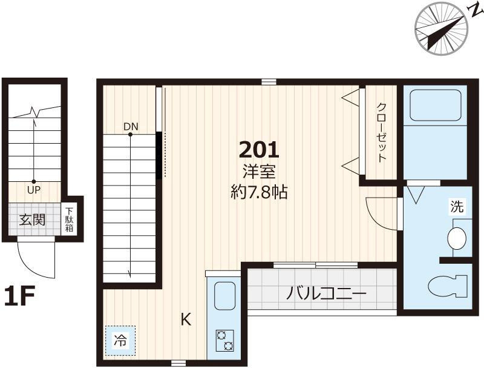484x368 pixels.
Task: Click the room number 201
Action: tap(260, 150)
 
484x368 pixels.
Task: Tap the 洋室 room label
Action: tap(259, 172)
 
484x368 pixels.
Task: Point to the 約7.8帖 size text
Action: tap(260, 193)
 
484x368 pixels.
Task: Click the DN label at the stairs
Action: tap(131, 127)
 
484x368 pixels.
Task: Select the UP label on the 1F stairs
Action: tap(34, 190)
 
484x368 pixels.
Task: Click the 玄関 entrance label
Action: tap(33, 219)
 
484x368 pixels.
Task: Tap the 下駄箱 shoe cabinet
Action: tap(69, 219)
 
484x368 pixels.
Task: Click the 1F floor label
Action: tap(19, 296)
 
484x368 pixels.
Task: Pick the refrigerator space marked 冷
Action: tap(120, 341)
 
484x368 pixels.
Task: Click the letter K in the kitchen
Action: tap(186, 319)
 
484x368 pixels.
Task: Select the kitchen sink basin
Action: tap(224, 296)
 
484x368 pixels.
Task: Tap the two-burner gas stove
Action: tap(225, 341)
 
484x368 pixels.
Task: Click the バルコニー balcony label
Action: tap(326, 293)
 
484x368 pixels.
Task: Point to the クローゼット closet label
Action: tap(382, 132)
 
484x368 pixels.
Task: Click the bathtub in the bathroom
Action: tap(435, 105)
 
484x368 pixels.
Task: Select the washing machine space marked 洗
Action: tap(457, 207)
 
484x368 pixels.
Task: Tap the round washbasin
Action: tap(457, 238)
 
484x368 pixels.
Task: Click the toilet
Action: tap(448, 286)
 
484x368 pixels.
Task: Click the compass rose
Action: tap(441, 28)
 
